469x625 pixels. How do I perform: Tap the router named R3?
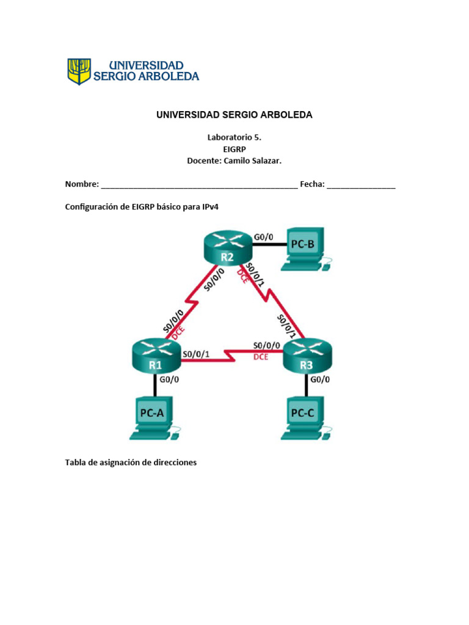[x=308, y=356]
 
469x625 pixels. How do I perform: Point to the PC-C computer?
[x=304, y=417]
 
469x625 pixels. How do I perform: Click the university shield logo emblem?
[x=79, y=71]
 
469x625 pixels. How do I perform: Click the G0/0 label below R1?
[x=169, y=379]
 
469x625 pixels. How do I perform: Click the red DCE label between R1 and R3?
[x=261, y=357]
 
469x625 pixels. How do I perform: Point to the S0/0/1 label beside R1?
[x=197, y=353]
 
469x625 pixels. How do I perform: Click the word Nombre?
[x=82, y=184]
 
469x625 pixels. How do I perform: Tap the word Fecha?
[x=312, y=184]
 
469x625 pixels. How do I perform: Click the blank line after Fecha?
[x=361, y=186]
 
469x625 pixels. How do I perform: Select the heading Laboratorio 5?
[x=234, y=138]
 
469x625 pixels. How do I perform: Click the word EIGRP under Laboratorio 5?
[x=234, y=149]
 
